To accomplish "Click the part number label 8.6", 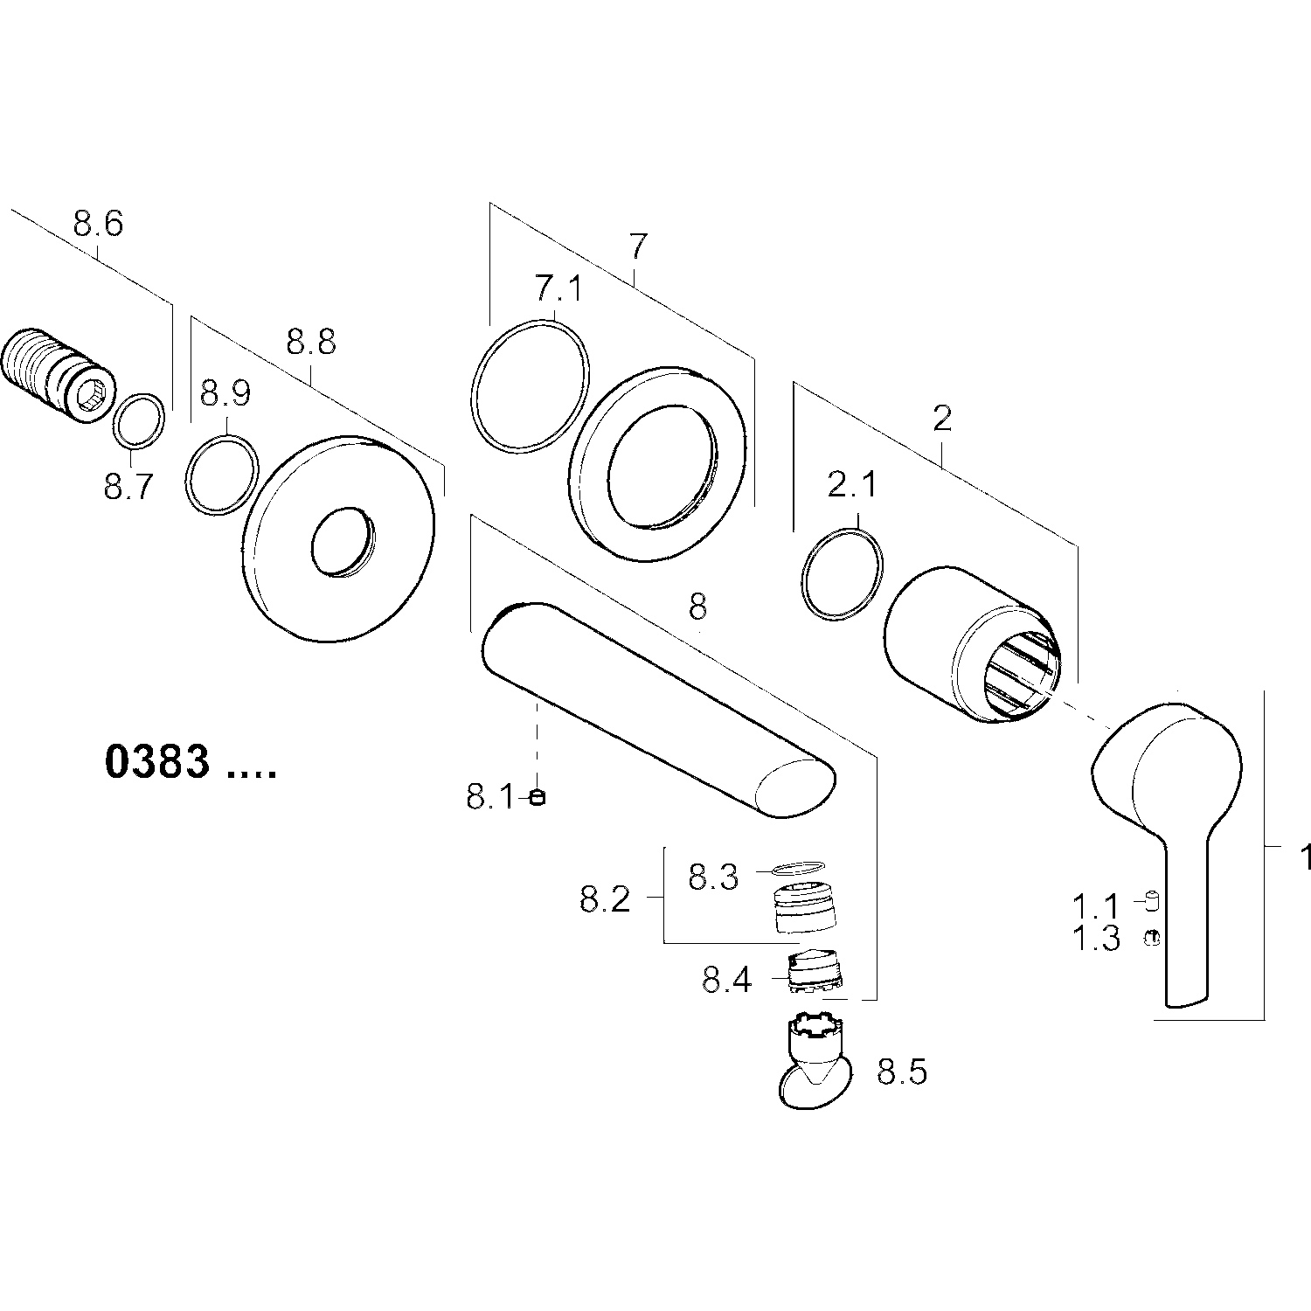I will pyautogui.click(x=98, y=224).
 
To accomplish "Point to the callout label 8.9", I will pyautogui.click(x=225, y=393).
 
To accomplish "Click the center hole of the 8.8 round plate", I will pyautogui.click(x=342, y=541).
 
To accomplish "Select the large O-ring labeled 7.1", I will pyautogui.click(x=529, y=385).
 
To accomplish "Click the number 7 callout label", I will pyautogui.click(x=638, y=247).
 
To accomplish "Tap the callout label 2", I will pyautogui.click(x=941, y=420).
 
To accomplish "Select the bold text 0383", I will pyautogui.click(x=157, y=762).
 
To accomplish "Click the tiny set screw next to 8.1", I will pyautogui.click(x=538, y=796).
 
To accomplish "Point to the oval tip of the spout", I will pyautogui.click(x=794, y=787).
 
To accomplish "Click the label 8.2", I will pyautogui.click(x=605, y=898).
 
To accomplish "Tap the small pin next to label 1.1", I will pyautogui.click(x=1151, y=898).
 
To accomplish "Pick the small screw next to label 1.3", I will pyautogui.click(x=1151, y=937).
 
